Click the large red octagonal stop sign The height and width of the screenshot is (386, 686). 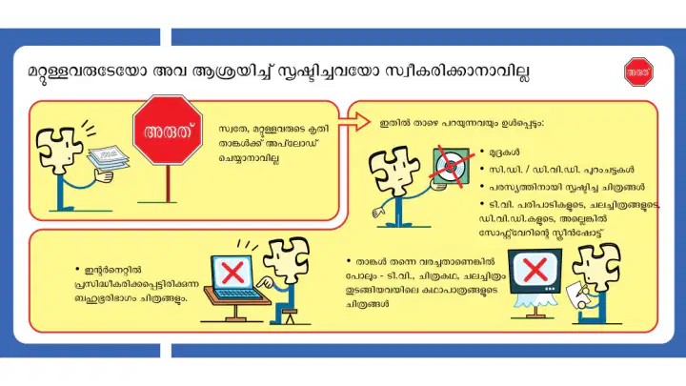(x=168, y=130)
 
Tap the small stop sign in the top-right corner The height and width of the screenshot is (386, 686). (x=638, y=71)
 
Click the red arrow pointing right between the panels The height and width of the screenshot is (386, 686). (x=354, y=121)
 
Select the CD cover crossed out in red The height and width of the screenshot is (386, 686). (x=451, y=167)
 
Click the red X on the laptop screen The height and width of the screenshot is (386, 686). (x=232, y=273)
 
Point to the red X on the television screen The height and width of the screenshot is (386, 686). (x=535, y=270)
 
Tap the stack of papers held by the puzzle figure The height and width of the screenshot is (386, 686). (x=108, y=158)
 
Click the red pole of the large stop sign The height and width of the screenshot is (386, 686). (x=168, y=183)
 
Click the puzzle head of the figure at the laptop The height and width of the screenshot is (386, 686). (x=288, y=259)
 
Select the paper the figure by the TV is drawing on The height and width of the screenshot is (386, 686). (x=578, y=295)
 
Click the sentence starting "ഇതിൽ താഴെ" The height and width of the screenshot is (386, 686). (x=462, y=124)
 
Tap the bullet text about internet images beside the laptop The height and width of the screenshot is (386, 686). (x=136, y=284)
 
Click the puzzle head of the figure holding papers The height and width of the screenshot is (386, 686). (x=58, y=150)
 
